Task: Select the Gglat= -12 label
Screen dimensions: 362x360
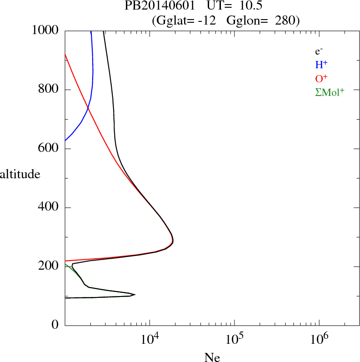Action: [185, 20]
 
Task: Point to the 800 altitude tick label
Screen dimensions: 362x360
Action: [50, 90]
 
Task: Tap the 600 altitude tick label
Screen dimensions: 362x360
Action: [50, 148]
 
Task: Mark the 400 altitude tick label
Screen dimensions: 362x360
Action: [50, 207]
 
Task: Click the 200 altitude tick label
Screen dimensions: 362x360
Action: [50, 266]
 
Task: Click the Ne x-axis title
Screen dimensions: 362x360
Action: [212, 357]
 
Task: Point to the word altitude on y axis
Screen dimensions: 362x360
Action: [20, 174]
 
